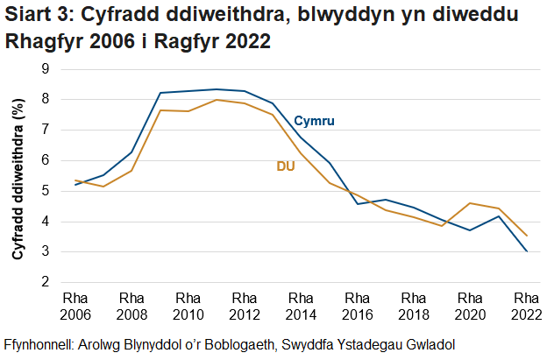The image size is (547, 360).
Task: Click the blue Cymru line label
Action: pos(315,120)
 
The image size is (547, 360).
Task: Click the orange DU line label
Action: pos(286,166)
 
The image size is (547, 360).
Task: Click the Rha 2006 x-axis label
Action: pos(75,304)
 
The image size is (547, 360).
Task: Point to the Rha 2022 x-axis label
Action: pos(526,304)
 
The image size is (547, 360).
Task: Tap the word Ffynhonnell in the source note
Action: pos(40,342)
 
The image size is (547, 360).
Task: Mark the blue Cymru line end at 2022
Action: pos(526,251)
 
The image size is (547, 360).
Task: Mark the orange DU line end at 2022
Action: pos(526,235)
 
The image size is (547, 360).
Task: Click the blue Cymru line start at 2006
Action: pos(75,185)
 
